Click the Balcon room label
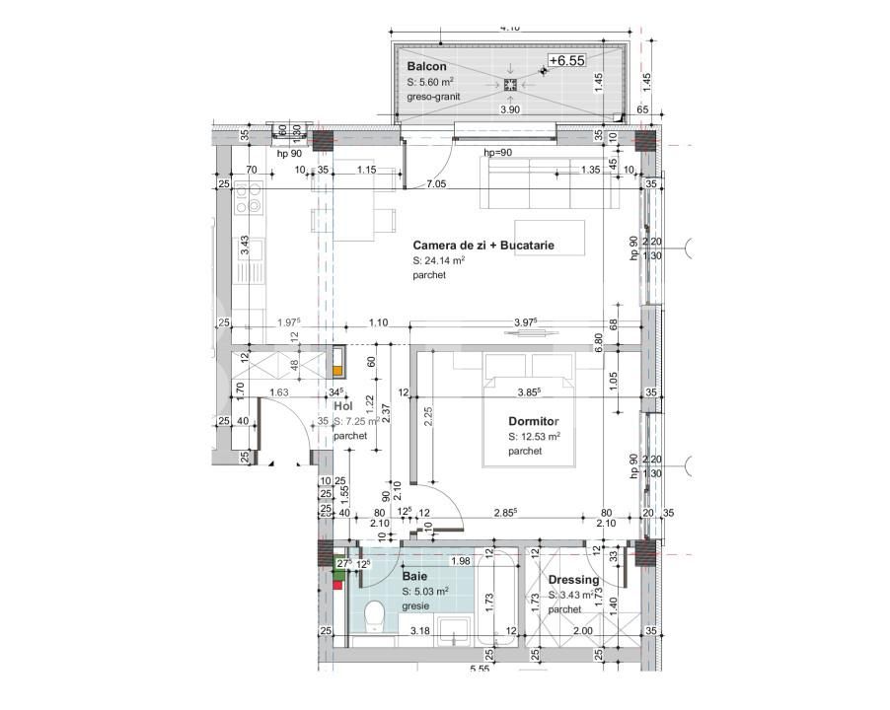coord(427,66)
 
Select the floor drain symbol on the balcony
coord(510,85)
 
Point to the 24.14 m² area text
coord(438,260)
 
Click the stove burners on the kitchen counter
coord(248,205)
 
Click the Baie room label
coord(414,575)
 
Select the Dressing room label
coord(573,580)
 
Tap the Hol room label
coord(342,405)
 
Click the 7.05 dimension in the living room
coord(435,184)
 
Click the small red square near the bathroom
coord(337,584)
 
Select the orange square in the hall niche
coord(338,371)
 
